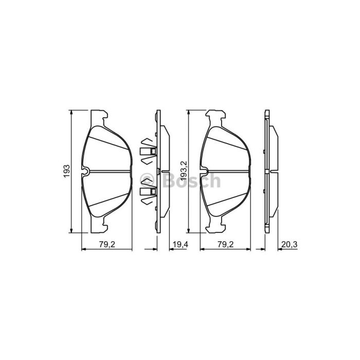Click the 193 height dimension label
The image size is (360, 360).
(x=67, y=171)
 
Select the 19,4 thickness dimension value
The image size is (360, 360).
(x=181, y=244)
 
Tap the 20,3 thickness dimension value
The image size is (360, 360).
(x=289, y=244)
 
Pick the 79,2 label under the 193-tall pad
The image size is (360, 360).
(x=107, y=244)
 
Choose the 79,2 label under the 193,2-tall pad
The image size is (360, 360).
(x=225, y=244)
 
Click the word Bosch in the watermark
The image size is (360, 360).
(x=192, y=180)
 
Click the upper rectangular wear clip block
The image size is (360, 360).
(x=148, y=151)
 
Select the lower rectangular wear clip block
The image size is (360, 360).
(x=148, y=191)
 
